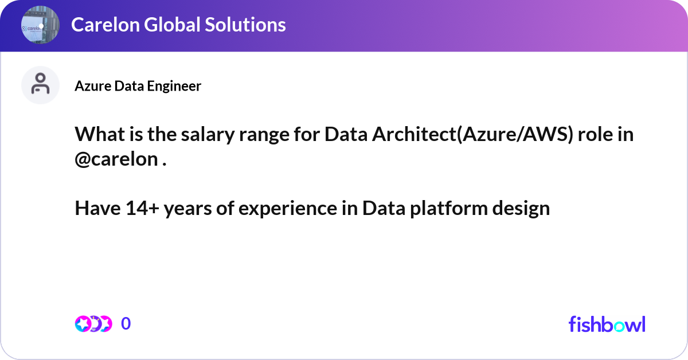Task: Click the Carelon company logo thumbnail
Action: [x=40, y=25]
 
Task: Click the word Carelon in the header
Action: [x=105, y=25]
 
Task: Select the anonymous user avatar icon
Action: [x=40, y=85]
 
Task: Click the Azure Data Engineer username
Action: [x=138, y=85]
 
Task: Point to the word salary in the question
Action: [x=208, y=135]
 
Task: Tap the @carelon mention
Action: [x=116, y=159]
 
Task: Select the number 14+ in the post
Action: [x=142, y=208]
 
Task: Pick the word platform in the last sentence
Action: [x=449, y=209]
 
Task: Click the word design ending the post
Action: [x=521, y=209]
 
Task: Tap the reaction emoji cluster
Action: [x=93, y=324]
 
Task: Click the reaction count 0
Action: [x=126, y=323]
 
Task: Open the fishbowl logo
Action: [x=607, y=324]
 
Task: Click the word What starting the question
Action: [x=100, y=135]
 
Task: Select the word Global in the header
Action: [x=173, y=25]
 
